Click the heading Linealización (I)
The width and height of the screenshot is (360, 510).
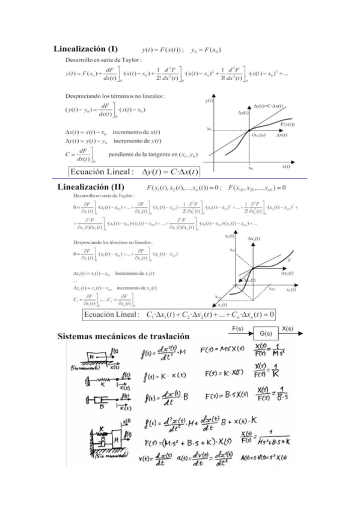(x=85, y=49)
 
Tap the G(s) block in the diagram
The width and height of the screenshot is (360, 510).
(x=264, y=333)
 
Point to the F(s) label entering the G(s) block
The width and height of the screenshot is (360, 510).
(x=237, y=329)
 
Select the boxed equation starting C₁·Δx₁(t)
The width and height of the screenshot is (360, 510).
(x=179, y=315)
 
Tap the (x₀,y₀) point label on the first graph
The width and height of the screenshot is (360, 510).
(x=260, y=135)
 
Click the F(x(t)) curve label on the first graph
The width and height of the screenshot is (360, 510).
(x=285, y=124)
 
